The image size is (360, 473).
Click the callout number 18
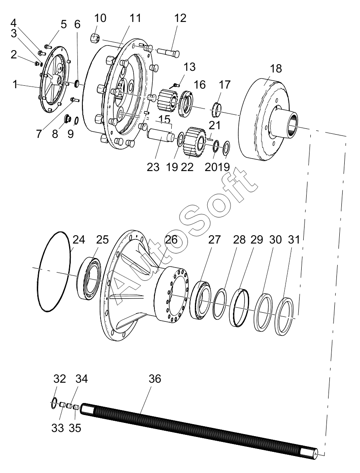pos(276,68)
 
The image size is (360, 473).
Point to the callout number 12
pos(180,18)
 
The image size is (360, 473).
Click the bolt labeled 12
pos(168,52)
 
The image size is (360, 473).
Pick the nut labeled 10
pos(95,38)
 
